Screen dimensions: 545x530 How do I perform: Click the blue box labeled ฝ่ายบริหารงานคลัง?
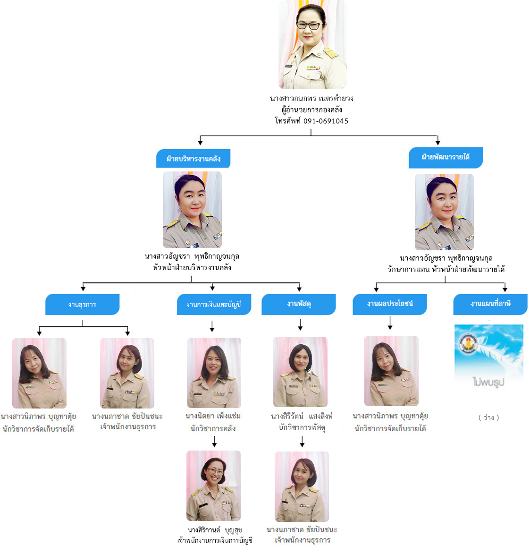(193, 159)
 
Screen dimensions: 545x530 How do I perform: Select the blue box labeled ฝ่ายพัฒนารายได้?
(446, 157)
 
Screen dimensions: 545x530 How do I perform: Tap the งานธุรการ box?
(82, 305)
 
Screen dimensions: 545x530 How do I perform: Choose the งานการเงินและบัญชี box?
(214, 305)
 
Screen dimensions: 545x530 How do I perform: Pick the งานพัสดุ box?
(299, 304)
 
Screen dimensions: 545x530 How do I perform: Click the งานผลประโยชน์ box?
(390, 304)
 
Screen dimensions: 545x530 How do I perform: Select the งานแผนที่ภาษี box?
(490, 304)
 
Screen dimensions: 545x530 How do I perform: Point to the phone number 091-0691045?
(326, 121)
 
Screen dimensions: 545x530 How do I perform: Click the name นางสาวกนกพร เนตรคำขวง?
(312, 99)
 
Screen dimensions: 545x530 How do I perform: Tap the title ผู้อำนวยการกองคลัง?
(312, 110)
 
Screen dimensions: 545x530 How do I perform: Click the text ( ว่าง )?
(488, 417)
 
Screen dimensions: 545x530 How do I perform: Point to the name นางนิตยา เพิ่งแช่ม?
(213, 416)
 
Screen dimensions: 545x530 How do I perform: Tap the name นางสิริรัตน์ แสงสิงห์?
(302, 416)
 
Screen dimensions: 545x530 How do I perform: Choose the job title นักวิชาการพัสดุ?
(302, 428)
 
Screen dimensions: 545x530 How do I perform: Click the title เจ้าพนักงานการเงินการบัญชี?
(215, 540)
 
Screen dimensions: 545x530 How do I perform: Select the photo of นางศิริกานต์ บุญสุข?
(214, 485)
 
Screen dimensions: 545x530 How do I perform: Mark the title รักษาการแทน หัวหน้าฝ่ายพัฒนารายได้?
(446, 269)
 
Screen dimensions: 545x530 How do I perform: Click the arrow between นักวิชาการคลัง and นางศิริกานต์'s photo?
(214, 442)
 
